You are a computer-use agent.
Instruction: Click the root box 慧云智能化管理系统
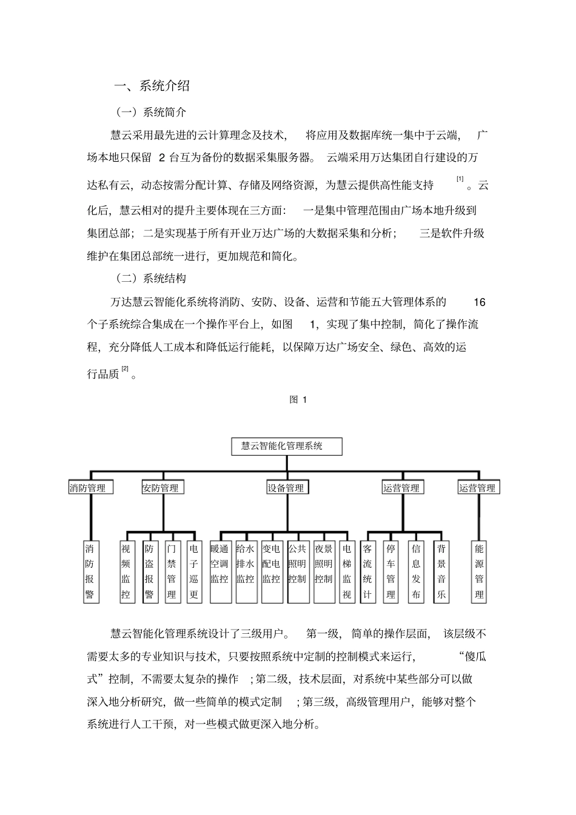[x=287, y=447]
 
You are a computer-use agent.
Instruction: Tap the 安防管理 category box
[x=162, y=488]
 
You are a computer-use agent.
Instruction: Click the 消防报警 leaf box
[x=90, y=571]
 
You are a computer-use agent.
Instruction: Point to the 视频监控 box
[x=126, y=571]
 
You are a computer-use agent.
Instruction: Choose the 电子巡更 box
[x=194, y=571]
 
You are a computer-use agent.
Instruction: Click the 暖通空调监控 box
[x=219, y=571]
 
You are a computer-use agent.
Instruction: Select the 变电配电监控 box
[x=271, y=571]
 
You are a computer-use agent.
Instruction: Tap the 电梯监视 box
[x=347, y=571]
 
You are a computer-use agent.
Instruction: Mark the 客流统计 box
[x=367, y=571]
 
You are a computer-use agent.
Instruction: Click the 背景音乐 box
[x=441, y=571]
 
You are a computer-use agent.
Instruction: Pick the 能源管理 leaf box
[x=479, y=571]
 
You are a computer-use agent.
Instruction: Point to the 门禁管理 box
[x=172, y=571]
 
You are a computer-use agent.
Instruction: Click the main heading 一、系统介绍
[x=152, y=86]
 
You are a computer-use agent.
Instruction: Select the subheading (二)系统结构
[x=151, y=279]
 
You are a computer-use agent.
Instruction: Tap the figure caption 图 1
[x=298, y=399]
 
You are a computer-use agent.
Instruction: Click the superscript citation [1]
[x=460, y=179]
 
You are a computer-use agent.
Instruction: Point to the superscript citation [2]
[x=125, y=368]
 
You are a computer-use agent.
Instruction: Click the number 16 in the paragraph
[x=479, y=302]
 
